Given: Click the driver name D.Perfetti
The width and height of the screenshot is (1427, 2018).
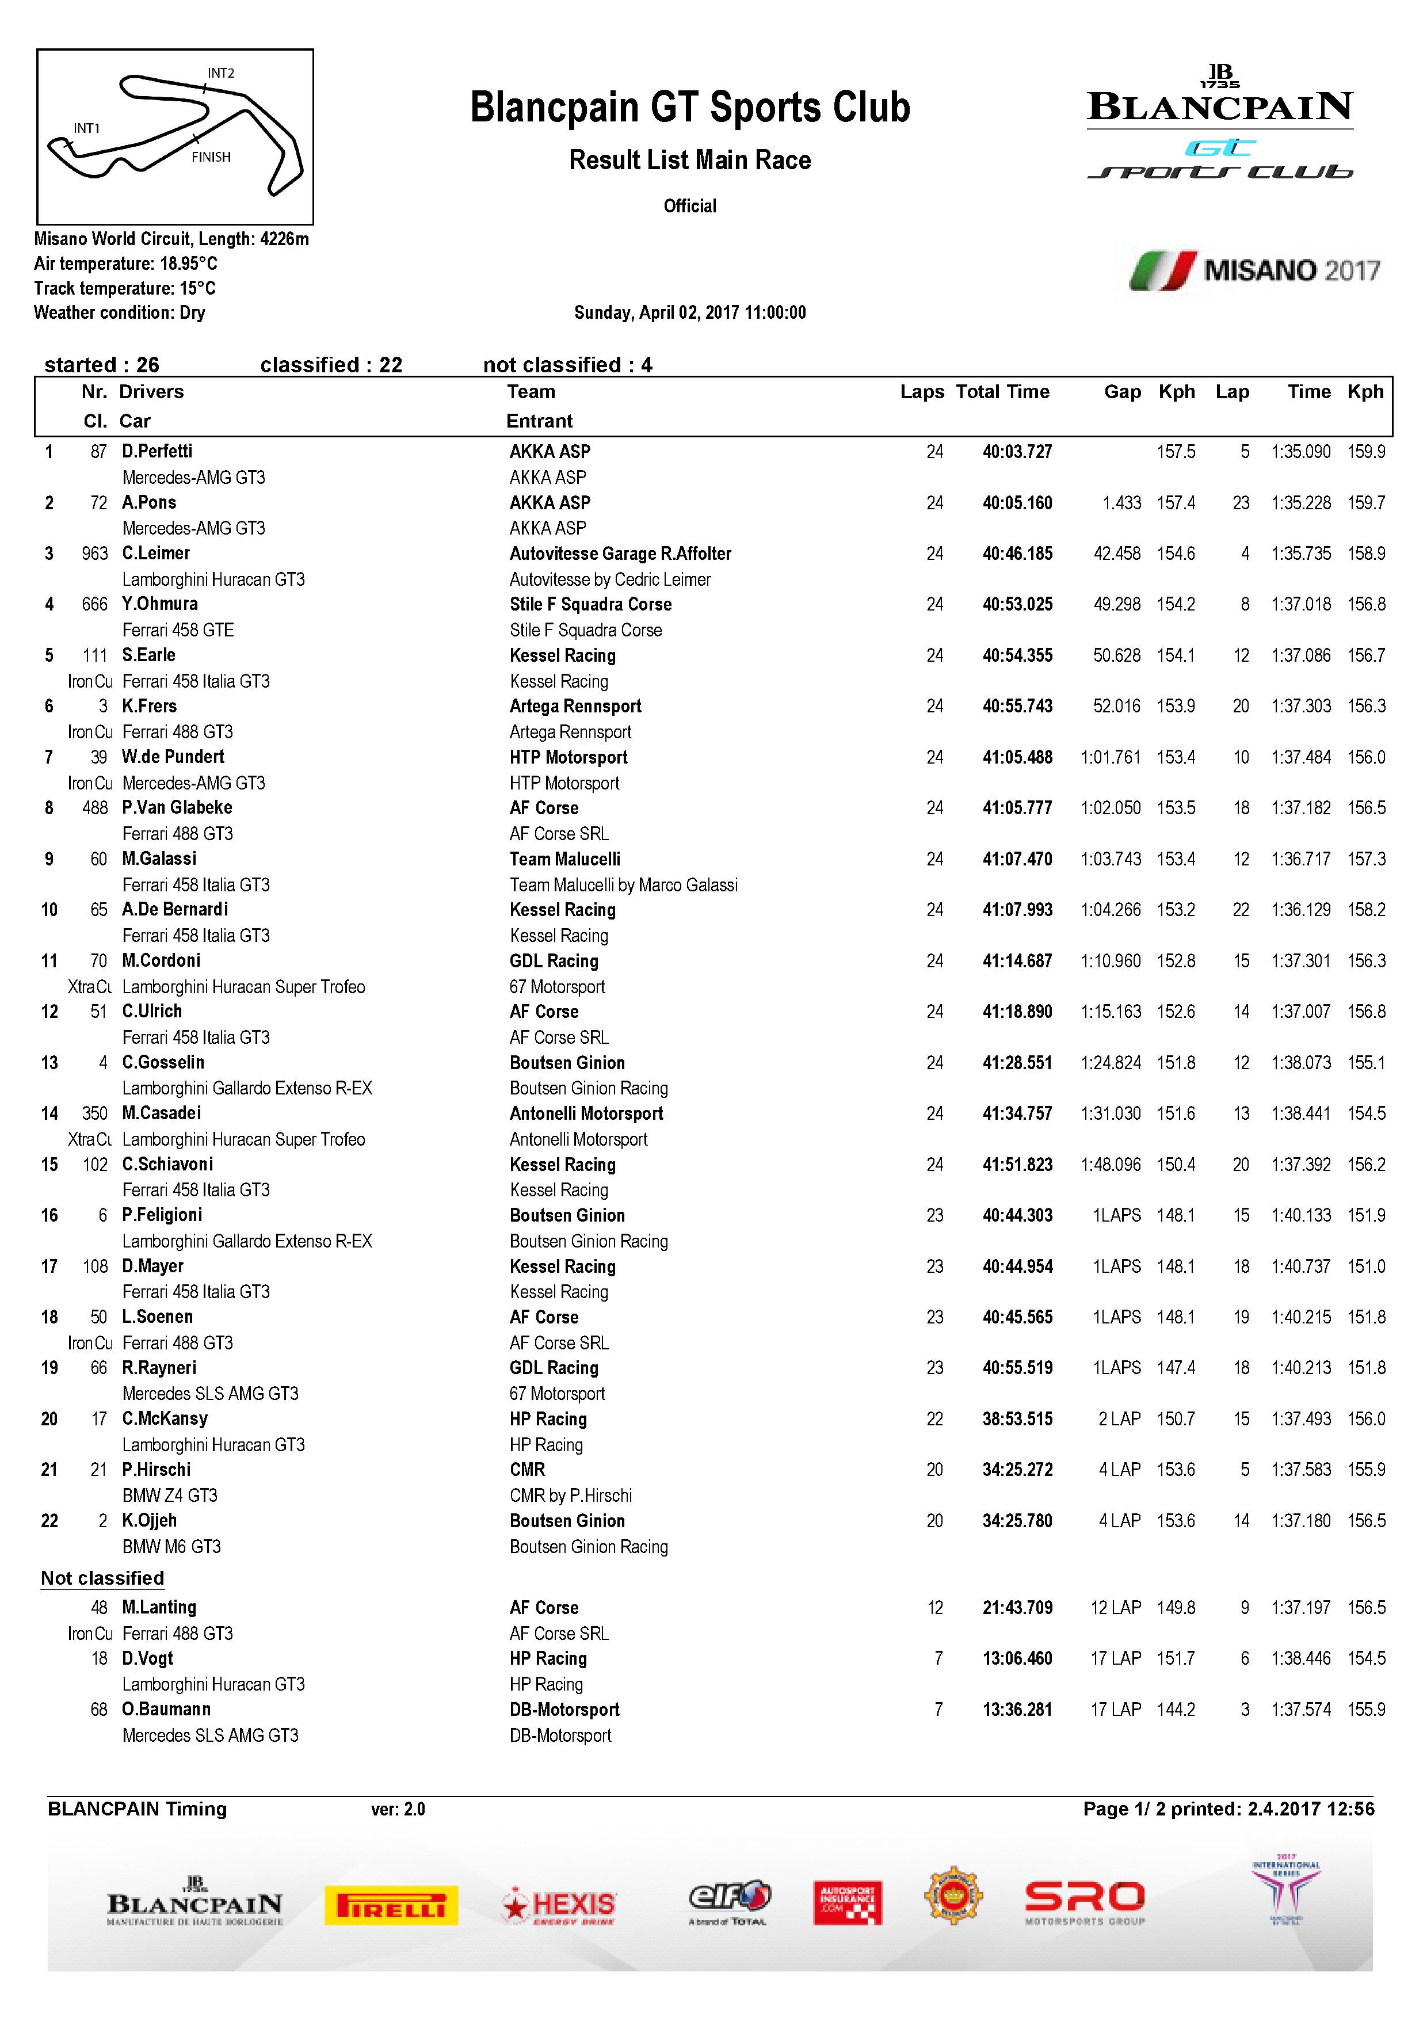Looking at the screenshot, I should pos(157,452).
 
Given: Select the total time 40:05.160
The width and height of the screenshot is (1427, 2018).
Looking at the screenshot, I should pos(1017,503).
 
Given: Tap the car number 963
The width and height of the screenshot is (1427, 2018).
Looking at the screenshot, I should pos(94,554).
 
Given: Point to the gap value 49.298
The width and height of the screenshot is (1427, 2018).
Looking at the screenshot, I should pos(1116,605).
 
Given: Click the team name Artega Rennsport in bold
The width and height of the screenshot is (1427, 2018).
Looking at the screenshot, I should pos(575,707).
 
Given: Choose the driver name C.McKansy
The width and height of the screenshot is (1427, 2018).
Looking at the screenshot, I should pos(165,1418).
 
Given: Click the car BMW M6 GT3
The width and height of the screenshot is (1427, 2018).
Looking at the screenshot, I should pos(171,1547).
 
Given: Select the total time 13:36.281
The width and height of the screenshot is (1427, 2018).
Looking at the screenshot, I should pos(1017,1710).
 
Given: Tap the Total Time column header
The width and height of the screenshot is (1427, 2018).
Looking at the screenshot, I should pos(1002,392).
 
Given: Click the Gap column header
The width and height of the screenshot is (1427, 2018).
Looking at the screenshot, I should pos(1122,392).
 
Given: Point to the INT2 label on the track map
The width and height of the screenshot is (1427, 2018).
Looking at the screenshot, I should pos(220,74).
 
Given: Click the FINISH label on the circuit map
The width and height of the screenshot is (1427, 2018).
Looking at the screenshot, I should pos(211,157).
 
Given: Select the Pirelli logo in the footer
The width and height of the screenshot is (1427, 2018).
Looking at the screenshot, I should pos(391,1905).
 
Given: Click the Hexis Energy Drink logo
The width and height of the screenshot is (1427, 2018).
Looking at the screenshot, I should pos(558,1905).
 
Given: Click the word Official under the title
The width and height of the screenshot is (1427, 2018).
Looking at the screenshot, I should pos(690,207).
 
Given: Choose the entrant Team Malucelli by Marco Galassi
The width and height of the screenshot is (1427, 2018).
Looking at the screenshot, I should pos(623,885).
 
